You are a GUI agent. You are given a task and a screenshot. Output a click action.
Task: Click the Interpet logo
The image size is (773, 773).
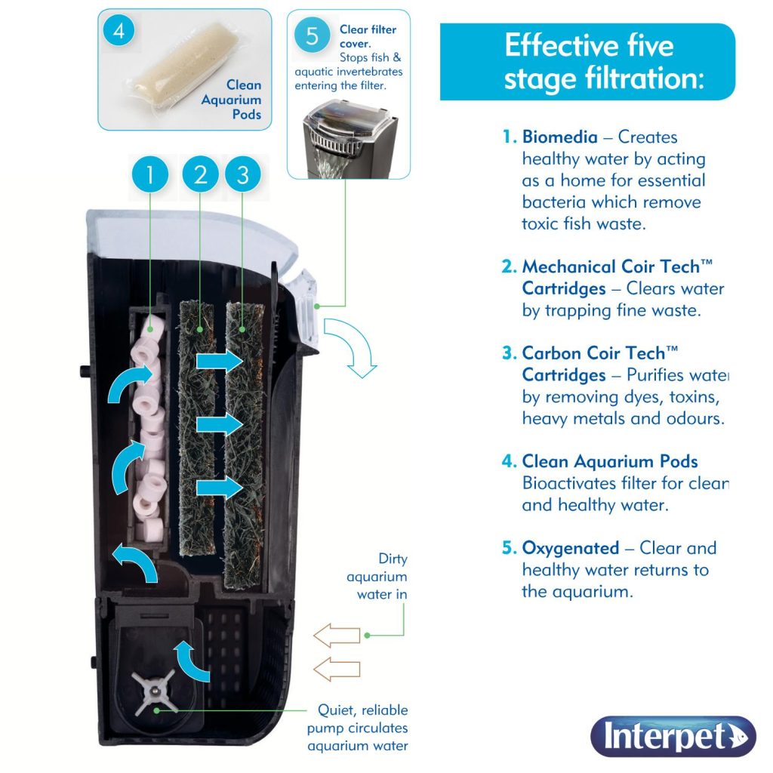click(x=673, y=737)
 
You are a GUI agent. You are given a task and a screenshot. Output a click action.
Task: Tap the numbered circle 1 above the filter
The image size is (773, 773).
click(x=150, y=175)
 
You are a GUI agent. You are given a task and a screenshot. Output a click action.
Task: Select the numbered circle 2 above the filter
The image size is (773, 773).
click(x=200, y=175)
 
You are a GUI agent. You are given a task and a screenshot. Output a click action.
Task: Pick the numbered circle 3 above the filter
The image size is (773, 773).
click(x=242, y=175)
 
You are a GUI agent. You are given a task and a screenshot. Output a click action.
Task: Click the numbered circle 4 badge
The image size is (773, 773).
click(x=120, y=31)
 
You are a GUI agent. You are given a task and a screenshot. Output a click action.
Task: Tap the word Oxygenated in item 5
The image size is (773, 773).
click(x=570, y=548)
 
